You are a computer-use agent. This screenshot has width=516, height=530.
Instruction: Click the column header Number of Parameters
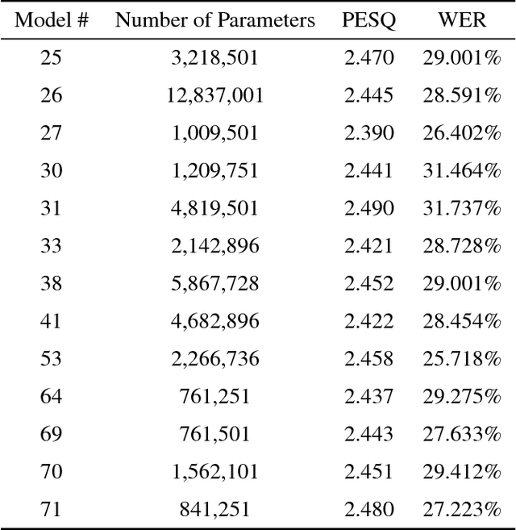[214, 20]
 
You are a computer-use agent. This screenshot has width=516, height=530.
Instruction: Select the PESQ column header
[368, 20]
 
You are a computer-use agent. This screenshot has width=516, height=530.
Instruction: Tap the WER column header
[462, 20]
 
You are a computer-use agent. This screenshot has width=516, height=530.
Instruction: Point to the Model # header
[52, 20]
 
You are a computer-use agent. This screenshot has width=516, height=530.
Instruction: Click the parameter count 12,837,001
[214, 96]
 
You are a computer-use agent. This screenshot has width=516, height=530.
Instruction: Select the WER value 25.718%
[462, 359]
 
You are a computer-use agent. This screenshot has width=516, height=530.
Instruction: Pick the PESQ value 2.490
[368, 208]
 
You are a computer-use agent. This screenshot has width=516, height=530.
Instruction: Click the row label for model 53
[52, 359]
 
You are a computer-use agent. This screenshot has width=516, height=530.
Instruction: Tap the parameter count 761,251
[214, 396]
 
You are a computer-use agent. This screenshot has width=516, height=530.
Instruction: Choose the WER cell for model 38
[462, 283]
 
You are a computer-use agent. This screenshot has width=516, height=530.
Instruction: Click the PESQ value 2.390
[368, 133]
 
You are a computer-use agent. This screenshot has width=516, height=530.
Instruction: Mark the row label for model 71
[52, 509]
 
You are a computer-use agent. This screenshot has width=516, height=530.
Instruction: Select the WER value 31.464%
[462, 170]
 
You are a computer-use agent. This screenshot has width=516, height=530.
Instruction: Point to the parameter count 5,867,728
[214, 283]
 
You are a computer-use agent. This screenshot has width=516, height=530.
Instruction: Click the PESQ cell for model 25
[368, 58]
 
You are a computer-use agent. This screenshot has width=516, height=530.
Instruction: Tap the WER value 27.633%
[462, 434]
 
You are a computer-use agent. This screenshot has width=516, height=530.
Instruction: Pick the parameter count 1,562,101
[214, 472]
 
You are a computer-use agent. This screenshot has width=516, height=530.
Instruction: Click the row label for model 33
[52, 246]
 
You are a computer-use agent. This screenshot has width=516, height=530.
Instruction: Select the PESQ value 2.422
[368, 321]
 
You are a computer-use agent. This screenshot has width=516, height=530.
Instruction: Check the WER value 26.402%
[462, 133]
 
